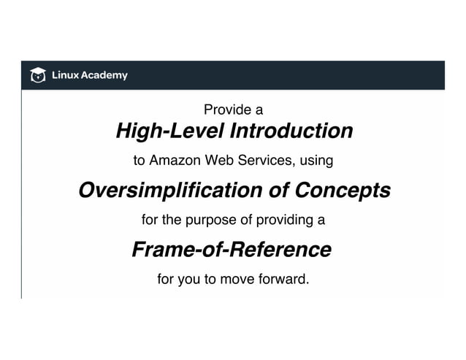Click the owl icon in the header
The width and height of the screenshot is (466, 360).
pyautogui.click(x=37, y=74)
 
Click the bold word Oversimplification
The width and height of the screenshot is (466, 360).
pyautogui.click(x=169, y=191)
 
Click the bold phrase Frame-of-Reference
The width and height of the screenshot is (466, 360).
pyautogui.click(x=232, y=250)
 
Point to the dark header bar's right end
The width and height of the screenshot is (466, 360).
pyautogui.click(x=438, y=75)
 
